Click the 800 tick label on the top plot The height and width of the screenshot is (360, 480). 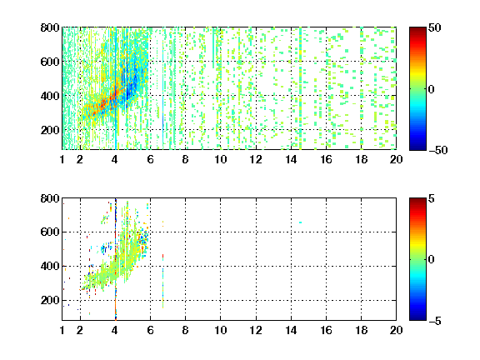click(x=50, y=27)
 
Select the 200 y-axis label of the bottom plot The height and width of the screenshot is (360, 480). click(x=50, y=300)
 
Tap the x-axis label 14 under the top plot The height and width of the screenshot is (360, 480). click(x=291, y=159)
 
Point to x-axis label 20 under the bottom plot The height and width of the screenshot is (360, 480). click(x=396, y=330)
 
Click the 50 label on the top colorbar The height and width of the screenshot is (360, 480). click(x=435, y=27)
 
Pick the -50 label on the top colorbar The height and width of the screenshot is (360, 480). click(x=438, y=150)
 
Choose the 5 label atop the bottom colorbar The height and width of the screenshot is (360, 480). click(x=432, y=198)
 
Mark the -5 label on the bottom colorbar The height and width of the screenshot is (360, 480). click(x=435, y=321)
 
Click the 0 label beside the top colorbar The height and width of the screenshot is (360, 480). click(x=432, y=89)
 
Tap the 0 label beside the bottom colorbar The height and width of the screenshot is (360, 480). click(x=432, y=260)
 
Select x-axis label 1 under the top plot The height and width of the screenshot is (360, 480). click(x=62, y=159)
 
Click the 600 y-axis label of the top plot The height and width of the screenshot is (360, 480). click(x=50, y=62)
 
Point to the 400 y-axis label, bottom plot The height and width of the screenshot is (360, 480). click(x=50, y=266)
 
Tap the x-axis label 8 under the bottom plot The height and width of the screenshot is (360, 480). click(x=185, y=330)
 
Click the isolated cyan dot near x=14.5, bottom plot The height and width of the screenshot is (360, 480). click(x=300, y=222)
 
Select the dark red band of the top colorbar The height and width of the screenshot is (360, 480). click(x=417, y=31)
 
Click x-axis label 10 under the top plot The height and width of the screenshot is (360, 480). click(x=220, y=159)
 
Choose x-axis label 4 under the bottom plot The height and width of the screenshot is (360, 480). click(x=115, y=330)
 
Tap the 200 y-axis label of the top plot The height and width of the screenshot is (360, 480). click(x=50, y=130)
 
